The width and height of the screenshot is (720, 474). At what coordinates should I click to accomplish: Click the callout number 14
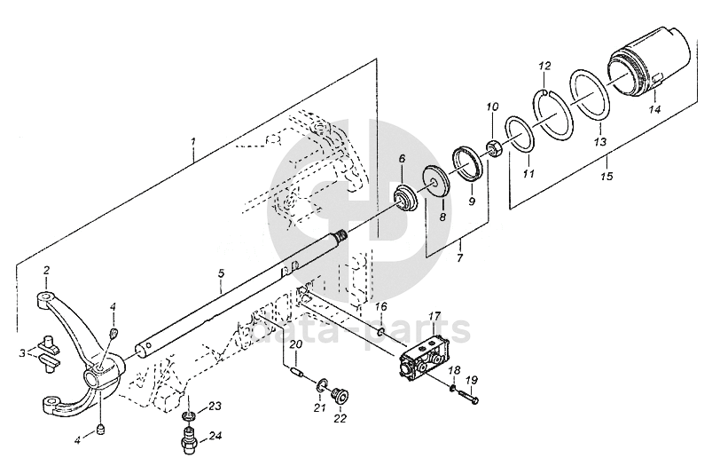click(654, 109)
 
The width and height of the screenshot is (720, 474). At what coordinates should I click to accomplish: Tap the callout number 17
click(435, 317)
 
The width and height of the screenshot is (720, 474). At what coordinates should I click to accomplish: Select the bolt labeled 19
click(467, 398)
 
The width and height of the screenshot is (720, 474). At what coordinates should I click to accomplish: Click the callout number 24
click(215, 436)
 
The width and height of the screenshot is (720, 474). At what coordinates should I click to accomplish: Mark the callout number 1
click(194, 142)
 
